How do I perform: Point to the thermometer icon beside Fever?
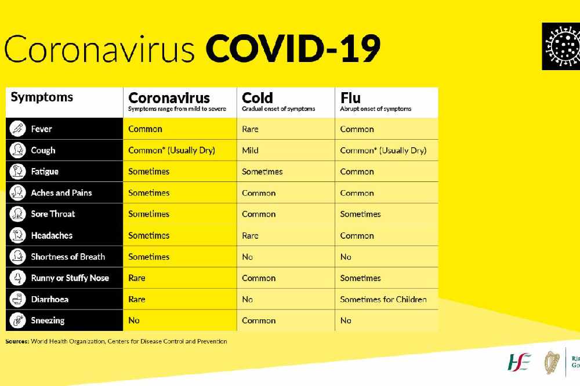[18, 129]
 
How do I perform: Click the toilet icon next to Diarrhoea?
[18, 299]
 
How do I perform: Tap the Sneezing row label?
[48, 321]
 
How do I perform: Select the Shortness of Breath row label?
[68, 257]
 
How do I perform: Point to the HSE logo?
[519, 362]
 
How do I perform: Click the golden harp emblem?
[552, 362]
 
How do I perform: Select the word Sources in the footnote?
[17, 341]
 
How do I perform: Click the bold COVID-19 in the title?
[293, 49]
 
